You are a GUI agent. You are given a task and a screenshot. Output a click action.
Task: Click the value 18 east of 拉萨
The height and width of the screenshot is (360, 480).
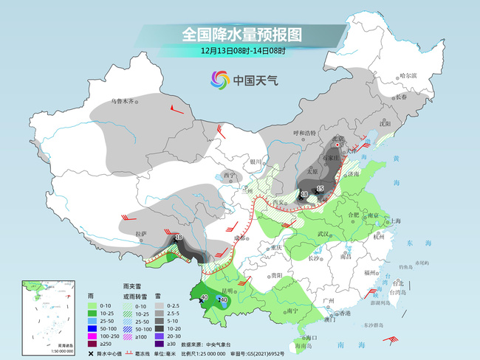tap(179, 236)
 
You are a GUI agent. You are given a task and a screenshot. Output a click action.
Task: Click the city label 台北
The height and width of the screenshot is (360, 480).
tap(398, 283)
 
